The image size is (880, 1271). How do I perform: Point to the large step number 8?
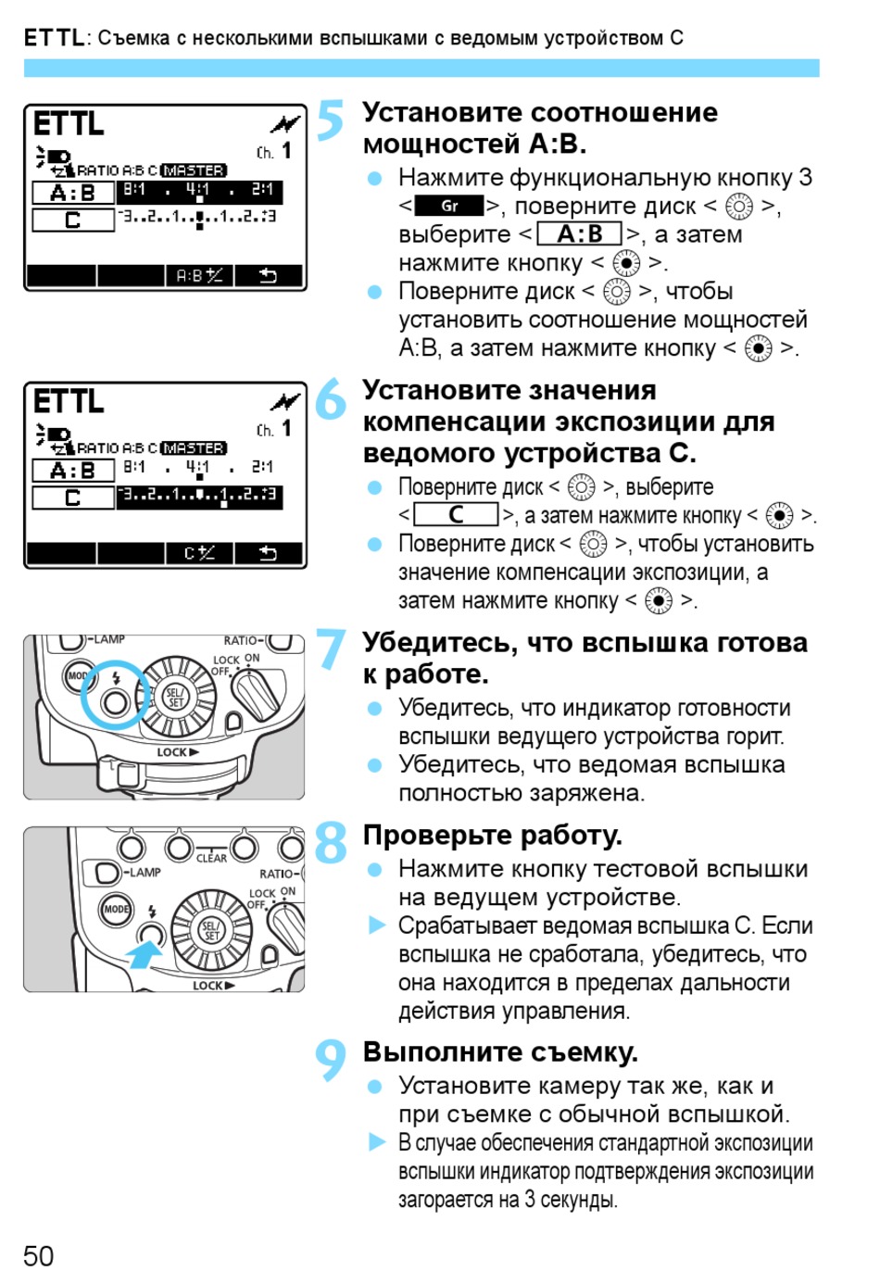(331, 842)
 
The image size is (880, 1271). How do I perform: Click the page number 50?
(39, 1255)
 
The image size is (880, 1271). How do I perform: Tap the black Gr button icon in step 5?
(449, 206)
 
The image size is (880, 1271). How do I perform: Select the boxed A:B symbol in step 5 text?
(579, 234)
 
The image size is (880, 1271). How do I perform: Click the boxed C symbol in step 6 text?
(456, 514)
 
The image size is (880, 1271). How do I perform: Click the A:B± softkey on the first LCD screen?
(199, 276)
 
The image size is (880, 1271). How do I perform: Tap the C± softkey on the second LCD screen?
(199, 554)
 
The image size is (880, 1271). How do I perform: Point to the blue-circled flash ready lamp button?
(115, 702)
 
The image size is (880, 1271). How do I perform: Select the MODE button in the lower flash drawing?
(116, 909)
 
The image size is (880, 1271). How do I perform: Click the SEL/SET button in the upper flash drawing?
(176, 697)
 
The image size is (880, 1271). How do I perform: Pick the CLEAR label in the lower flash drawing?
(211, 858)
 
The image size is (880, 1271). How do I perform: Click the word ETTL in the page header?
(54, 38)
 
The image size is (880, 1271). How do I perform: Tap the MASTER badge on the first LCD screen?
(193, 170)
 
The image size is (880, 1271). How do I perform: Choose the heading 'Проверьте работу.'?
(492, 836)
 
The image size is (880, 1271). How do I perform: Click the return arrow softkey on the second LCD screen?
(268, 554)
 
